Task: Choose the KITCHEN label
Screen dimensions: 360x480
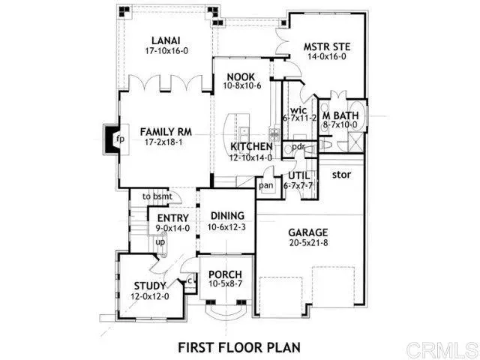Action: coord(251,146)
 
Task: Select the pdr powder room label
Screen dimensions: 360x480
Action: coord(298,146)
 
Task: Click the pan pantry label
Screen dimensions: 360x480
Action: coord(265,184)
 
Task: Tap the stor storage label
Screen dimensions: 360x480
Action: coord(342,175)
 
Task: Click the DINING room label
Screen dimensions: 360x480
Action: coord(227,216)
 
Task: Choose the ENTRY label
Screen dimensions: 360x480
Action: coord(172,218)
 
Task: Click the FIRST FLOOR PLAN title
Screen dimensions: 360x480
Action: coord(238,346)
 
